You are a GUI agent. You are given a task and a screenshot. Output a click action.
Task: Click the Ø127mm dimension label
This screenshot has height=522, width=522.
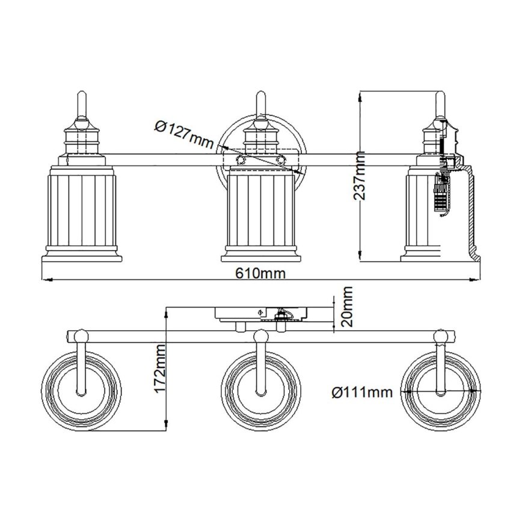(183, 134)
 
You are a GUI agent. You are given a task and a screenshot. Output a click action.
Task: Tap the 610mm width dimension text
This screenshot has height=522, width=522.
(260, 274)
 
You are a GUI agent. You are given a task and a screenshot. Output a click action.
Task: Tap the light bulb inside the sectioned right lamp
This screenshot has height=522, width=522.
(441, 194)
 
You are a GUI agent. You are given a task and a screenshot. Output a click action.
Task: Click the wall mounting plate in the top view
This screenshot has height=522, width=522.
(261, 313)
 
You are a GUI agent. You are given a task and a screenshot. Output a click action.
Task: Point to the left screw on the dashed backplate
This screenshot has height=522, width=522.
(241, 159)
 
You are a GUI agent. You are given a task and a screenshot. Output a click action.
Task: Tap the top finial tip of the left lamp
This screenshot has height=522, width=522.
(81, 94)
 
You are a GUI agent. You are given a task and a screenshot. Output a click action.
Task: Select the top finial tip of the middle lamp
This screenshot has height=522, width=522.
(261, 94)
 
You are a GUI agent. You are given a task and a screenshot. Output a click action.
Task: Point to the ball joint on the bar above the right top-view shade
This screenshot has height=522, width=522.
(441, 336)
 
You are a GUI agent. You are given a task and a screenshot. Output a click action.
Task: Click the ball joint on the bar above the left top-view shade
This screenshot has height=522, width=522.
(81, 336)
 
